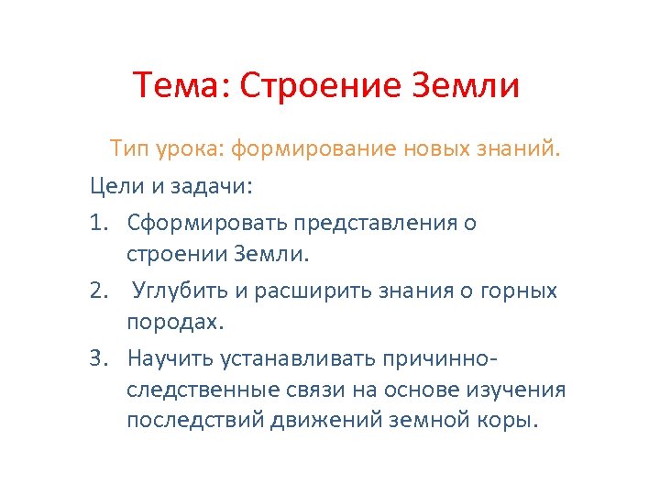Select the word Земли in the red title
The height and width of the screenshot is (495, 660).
[x=467, y=86]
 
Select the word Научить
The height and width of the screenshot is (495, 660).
[x=169, y=356]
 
